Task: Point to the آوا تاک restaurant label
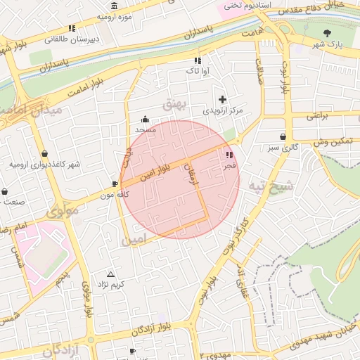click(x=196, y=71)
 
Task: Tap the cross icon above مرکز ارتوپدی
click(x=223, y=99)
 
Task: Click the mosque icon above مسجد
click(x=146, y=119)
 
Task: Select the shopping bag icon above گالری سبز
click(x=283, y=136)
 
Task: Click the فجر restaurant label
click(x=229, y=167)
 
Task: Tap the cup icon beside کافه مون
click(x=115, y=184)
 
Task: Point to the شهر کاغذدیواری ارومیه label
click(x=44, y=164)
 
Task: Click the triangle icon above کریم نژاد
click(x=110, y=274)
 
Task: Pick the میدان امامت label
click(x=31, y=110)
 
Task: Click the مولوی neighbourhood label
click(x=61, y=211)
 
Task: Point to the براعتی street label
click(x=317, y=116)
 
